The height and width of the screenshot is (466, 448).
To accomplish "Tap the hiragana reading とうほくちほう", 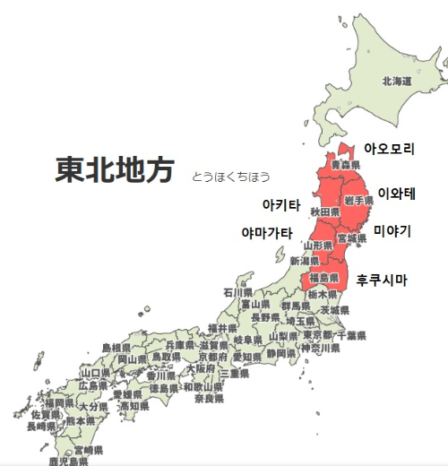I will (230, 177).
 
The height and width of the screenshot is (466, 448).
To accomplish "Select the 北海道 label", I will (396, 82).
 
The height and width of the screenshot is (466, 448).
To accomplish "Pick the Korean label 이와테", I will (397, 193).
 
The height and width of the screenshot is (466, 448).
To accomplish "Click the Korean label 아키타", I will (281, 205).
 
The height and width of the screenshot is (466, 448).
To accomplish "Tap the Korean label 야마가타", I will (267, 233).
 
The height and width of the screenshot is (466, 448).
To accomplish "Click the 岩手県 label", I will (358, 201).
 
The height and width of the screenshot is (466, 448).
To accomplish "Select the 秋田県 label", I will (324, 211).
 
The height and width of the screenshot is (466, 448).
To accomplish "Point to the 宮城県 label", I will (351, 239).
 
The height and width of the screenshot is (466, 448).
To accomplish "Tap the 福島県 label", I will (323, 278).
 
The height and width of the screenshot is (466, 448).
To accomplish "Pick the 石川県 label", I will (238, 292).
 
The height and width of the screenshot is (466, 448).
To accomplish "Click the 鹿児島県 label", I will (68, 462).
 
